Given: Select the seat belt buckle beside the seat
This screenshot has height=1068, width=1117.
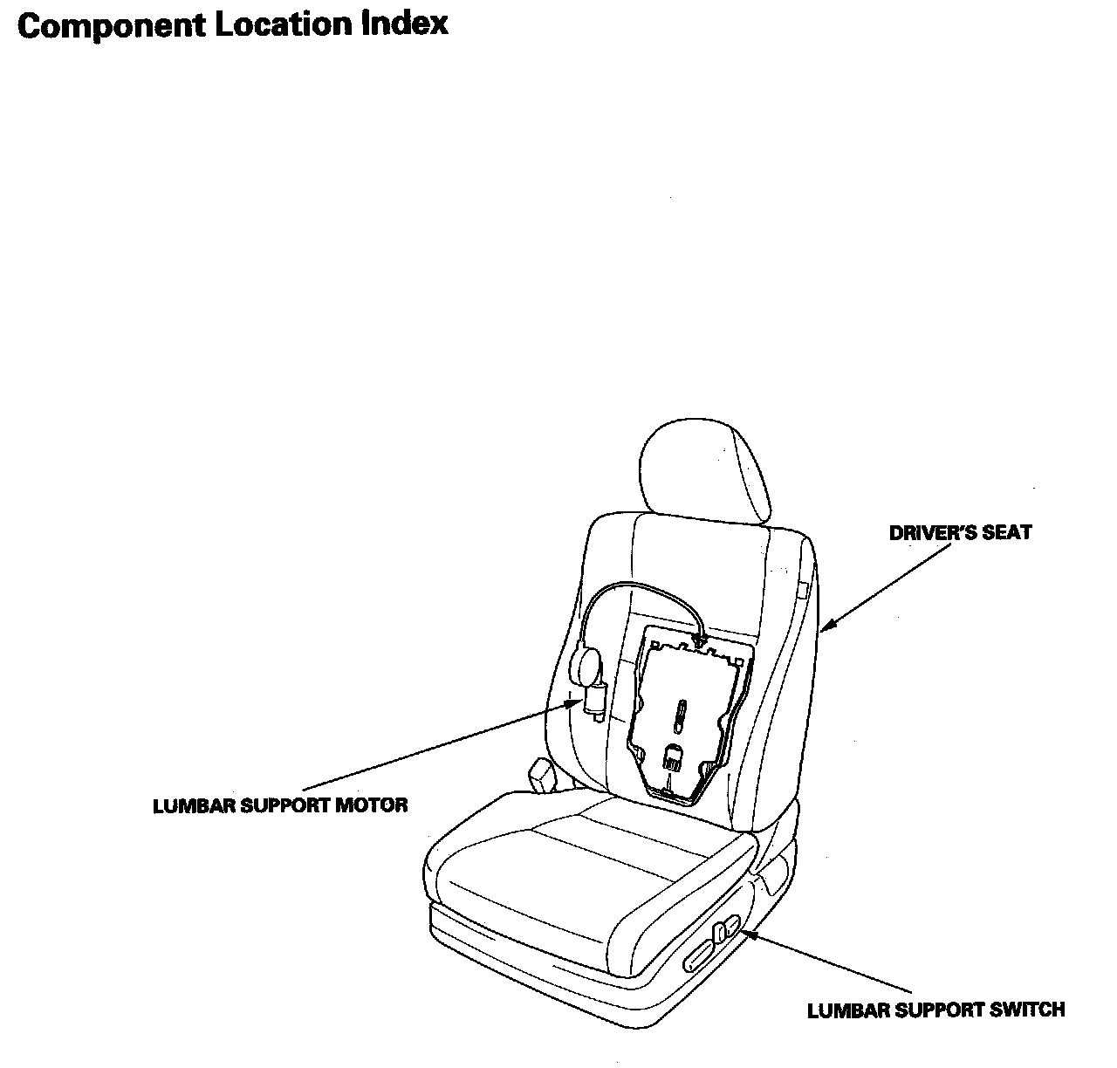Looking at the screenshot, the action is click(542, 776).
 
